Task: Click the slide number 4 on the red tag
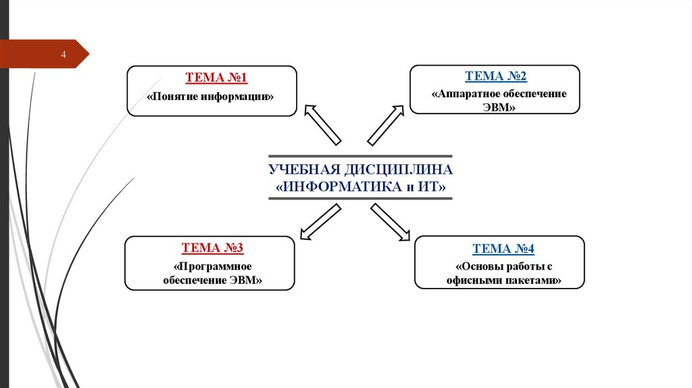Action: point(63,55)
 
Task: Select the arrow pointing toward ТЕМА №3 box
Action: point(320,222)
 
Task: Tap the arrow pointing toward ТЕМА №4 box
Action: point(391,222)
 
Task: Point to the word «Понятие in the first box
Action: point(172,97)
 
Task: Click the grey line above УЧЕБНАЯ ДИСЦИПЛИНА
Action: point(360,155)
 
